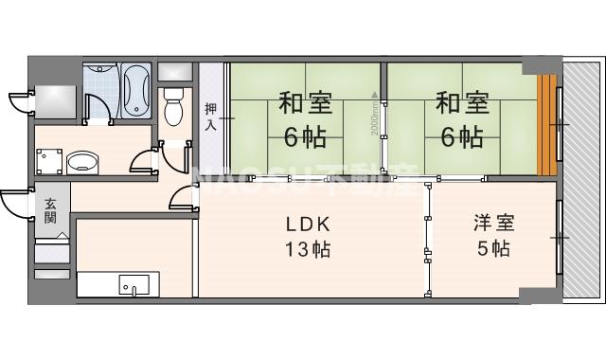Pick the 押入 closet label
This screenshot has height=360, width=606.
[x=210, y=115]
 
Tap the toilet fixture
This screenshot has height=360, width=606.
[x=172, y=106]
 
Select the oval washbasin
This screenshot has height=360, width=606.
[x=83, y=162]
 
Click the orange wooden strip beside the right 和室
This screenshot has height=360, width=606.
[x=546, y=123]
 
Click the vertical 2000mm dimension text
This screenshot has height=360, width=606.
[x=376, y=115]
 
